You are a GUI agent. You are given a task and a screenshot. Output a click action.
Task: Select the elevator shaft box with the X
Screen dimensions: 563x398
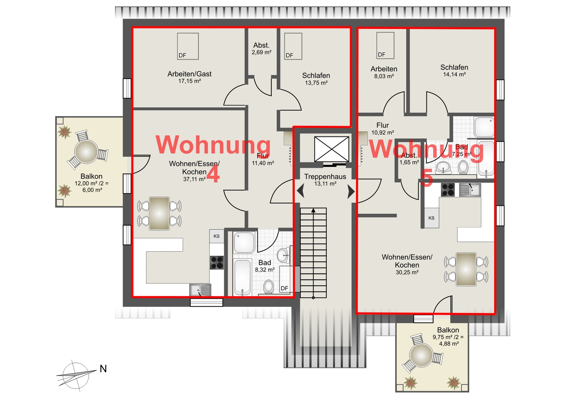coord(332,149)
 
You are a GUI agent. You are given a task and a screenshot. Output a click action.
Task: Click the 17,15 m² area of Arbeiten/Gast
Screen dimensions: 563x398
coord(190,81)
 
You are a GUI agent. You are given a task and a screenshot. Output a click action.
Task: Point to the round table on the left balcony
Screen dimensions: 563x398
coord(86,152)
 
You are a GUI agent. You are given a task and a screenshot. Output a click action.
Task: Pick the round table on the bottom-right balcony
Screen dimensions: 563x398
coord(421,355)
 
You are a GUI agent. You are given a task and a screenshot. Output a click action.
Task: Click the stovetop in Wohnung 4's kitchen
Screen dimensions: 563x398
coord(217,262)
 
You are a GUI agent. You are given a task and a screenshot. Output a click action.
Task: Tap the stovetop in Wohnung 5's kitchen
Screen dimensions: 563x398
coord(448,190)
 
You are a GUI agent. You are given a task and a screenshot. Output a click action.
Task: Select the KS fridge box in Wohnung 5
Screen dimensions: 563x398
coord(431,218)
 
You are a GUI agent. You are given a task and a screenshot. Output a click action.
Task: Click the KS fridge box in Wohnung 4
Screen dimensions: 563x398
coord(217,236)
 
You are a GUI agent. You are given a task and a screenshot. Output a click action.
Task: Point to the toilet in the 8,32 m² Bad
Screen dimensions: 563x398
coord(269,286)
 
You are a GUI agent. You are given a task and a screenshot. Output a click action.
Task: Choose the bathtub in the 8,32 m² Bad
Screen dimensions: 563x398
coord(242,277)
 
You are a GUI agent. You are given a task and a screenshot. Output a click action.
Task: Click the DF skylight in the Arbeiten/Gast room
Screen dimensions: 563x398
coord(188,46)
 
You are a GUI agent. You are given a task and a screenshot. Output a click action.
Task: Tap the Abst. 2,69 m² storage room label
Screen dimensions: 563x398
coord(261,49)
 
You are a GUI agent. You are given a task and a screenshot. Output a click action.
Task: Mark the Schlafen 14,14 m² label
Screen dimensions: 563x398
coord(454,71)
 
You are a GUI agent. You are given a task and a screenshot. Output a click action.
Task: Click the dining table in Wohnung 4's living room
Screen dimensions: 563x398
coord(159,213)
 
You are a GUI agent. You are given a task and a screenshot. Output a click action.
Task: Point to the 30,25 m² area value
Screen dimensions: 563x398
coord(407,272)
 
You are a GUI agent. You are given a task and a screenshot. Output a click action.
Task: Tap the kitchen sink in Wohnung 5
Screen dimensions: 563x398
coord(470,190)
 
